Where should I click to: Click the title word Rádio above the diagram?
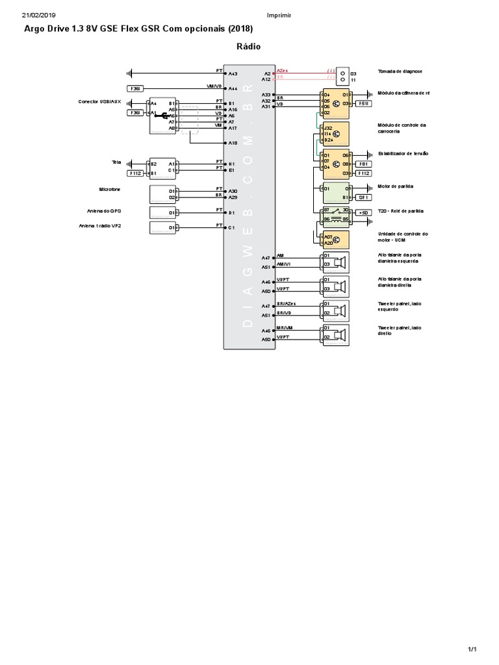coord(249,46)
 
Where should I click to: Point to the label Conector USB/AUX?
coord(99,101)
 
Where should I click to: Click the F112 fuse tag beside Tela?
coord(135,173)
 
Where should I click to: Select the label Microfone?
coord(110,189)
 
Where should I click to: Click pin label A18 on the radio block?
coord(233,142)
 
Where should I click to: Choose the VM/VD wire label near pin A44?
coord(214,86)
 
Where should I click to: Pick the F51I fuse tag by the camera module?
coord(364,103)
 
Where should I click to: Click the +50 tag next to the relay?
coord(363,212)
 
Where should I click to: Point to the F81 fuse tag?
coord(364,164)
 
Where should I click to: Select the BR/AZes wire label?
coord(286,304)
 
